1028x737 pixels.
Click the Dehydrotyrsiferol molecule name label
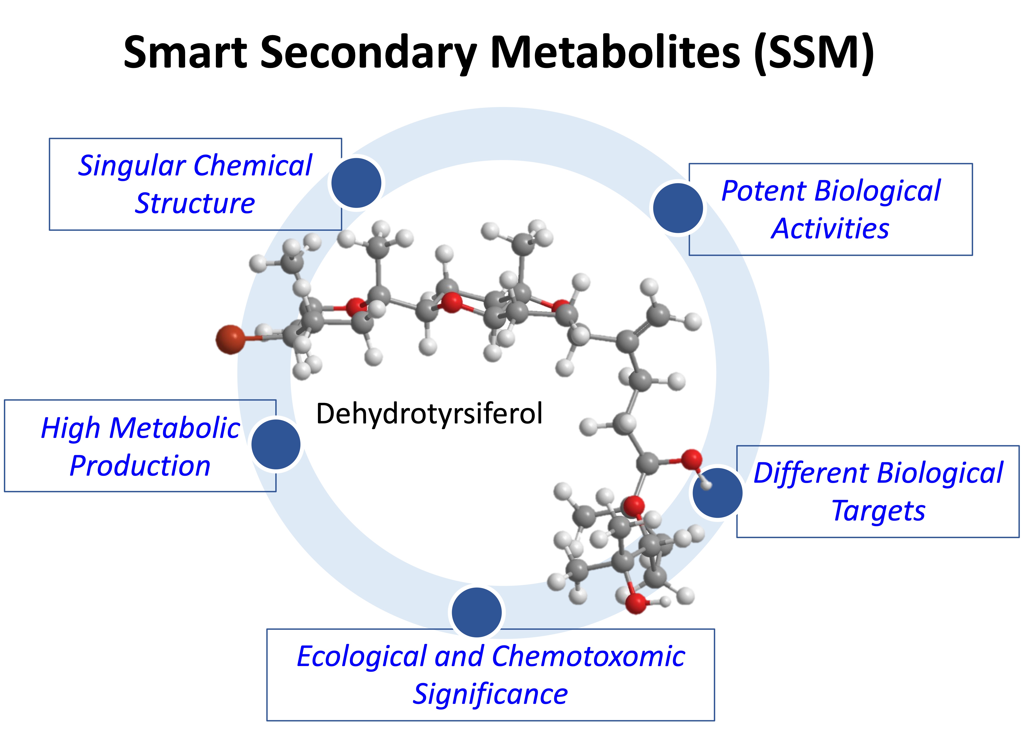tap(429, 414)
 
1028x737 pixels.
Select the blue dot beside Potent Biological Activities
tap(678, 208)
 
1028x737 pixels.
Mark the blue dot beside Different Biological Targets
tap(717, 493)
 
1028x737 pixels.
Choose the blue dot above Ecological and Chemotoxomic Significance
tap(477, 612)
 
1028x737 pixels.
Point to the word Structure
tap(195, 204)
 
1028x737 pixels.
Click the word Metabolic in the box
tap(174, 428)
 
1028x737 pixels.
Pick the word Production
tap(140, 466)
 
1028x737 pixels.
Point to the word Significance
tap(490, 694)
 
